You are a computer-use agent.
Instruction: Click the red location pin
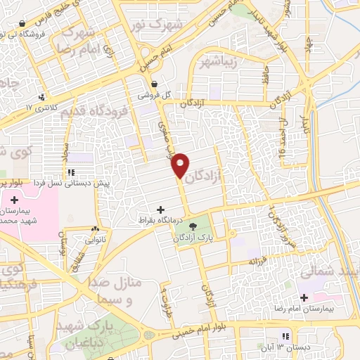tap(181, 165)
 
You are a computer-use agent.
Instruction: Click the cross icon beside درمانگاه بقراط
tap(162, 210)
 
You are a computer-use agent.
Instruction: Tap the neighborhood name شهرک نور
tap(157, 25)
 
